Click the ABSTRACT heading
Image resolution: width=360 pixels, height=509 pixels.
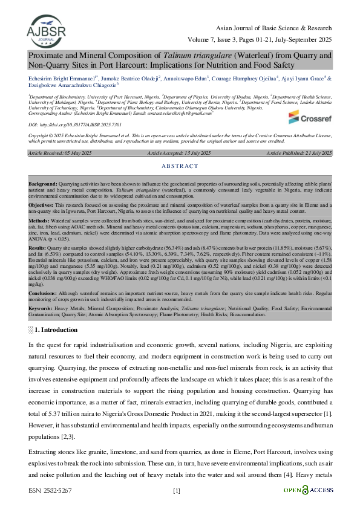[180, 149]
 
